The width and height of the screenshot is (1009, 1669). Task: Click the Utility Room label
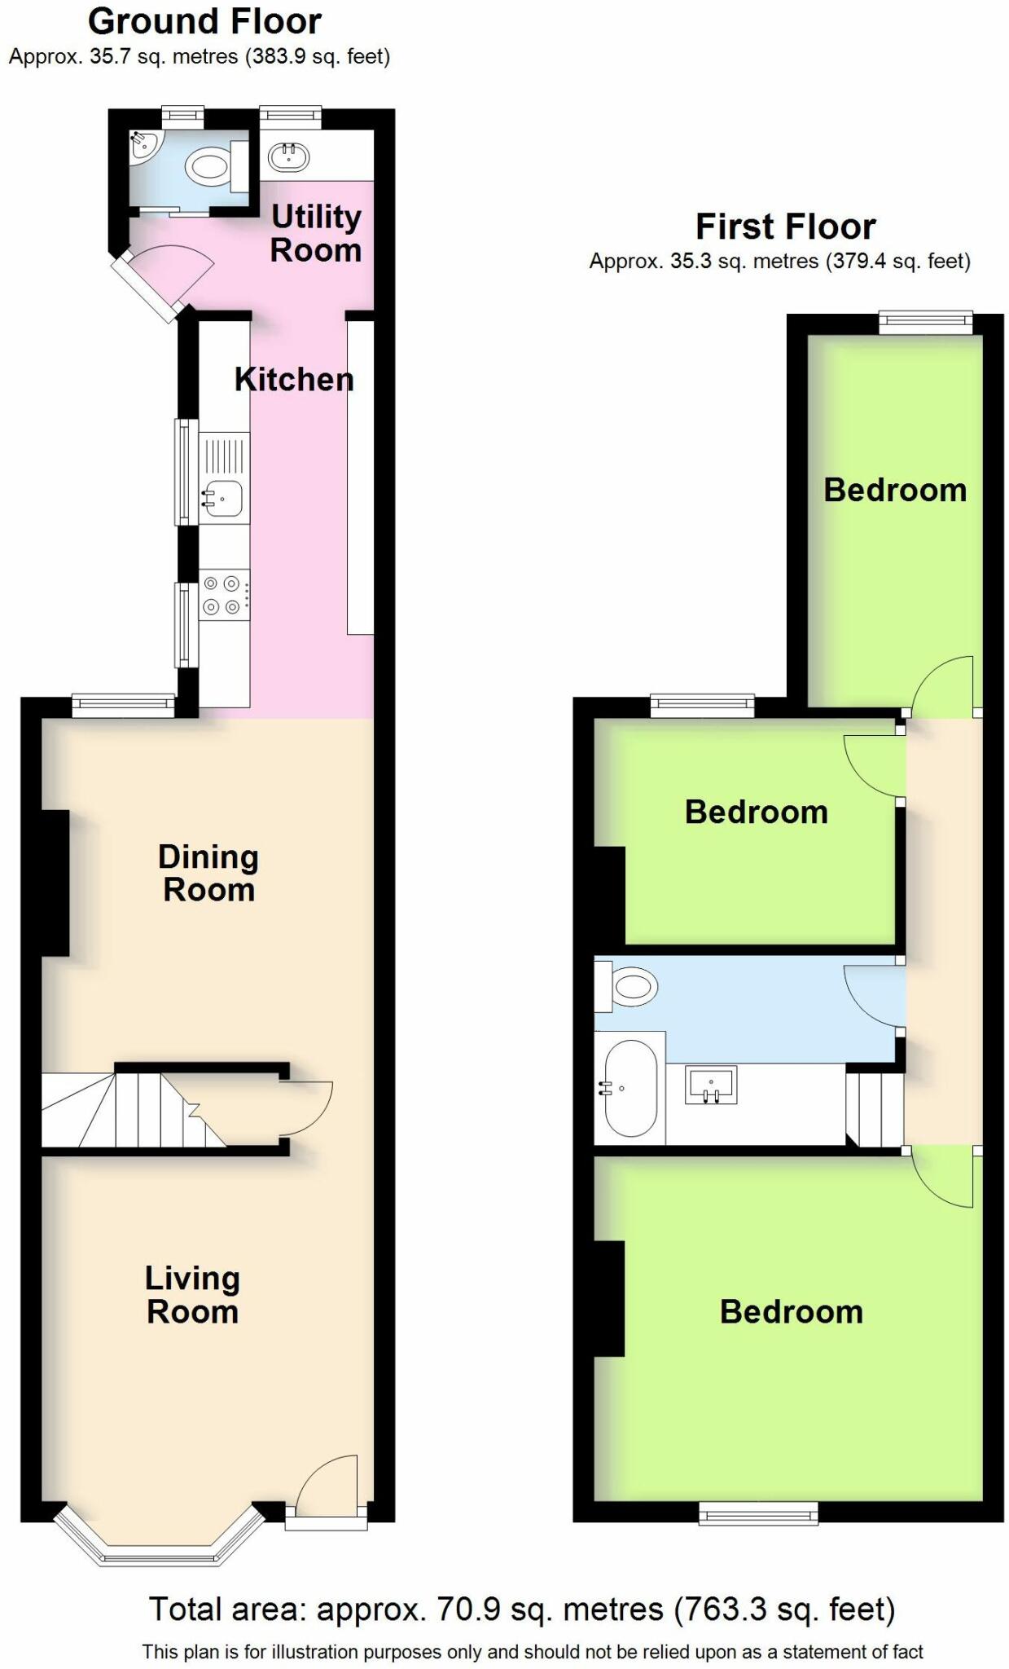tap(316, 234)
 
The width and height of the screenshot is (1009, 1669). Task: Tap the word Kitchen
tap(294, 380)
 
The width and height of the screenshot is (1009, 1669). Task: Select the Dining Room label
tap(208, 874)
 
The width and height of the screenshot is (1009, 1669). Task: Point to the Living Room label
tap(192, 1295)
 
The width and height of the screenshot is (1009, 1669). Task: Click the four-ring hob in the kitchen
tap(222, 595)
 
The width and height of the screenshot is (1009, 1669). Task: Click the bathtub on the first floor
tap(630, 1088)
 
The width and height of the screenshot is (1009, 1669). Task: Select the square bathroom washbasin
tap(712, 1085)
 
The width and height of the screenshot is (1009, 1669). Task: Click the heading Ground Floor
tap(204, 22)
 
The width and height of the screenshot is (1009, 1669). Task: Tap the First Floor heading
tap(785, 227)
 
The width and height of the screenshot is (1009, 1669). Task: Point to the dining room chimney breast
tap(55, 883)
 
